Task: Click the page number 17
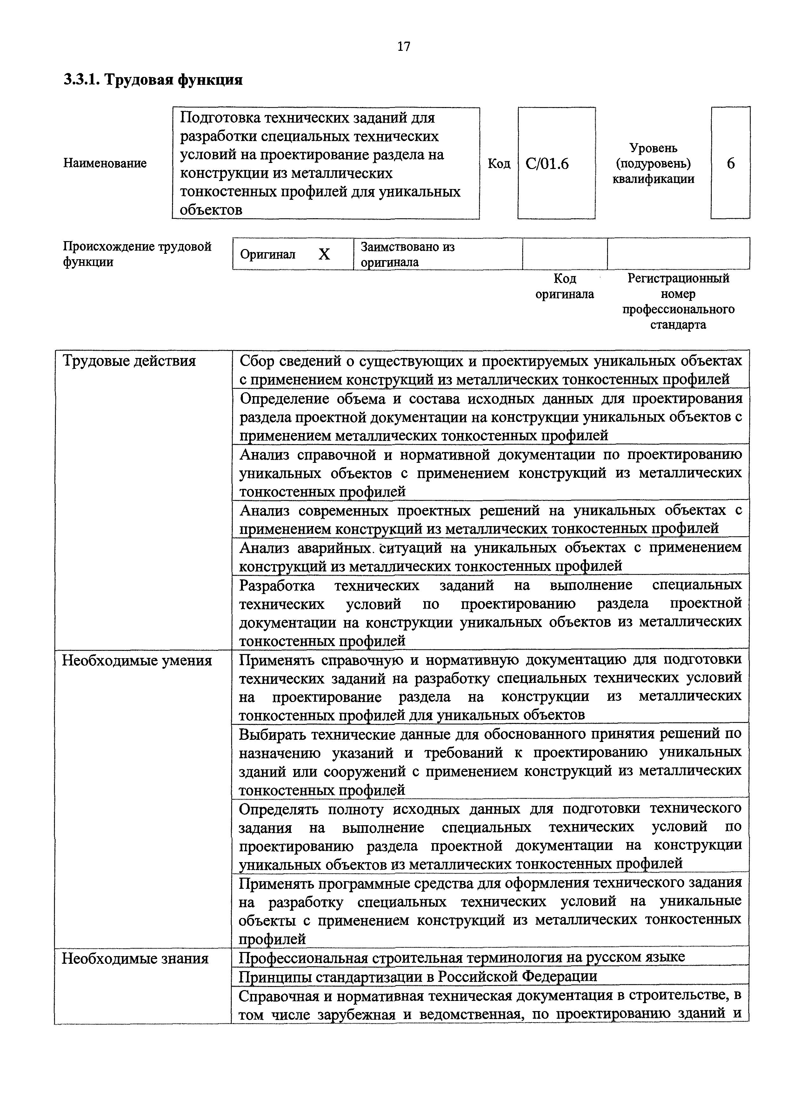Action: point(404,47)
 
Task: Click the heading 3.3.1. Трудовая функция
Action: point(153,79)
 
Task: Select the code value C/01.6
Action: point(547,164)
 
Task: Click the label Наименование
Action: point(105,164)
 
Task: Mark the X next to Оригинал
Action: point(324,254)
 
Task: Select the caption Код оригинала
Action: point(564,286)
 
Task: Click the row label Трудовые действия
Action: point(129,361)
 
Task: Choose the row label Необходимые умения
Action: point(137,661)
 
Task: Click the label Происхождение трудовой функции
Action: point(137,254)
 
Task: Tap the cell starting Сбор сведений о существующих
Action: point(490,370)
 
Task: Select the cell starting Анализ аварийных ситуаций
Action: point(490,557)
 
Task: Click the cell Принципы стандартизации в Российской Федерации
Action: point(418,976)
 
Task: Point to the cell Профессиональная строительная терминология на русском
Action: point(462,957)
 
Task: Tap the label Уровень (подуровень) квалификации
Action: point(653,164)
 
